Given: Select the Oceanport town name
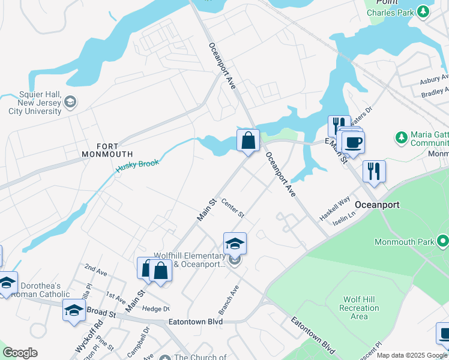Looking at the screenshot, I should click(x=378, y=205).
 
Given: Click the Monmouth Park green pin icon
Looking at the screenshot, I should click(x=444, y=242).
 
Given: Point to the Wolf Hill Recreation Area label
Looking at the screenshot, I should click(x=359, y=308).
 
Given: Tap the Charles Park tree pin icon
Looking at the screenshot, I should click(x=425, y=11).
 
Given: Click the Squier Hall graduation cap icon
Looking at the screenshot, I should click(x=71, y=103).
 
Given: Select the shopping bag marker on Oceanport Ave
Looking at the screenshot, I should click(x=248, y=141).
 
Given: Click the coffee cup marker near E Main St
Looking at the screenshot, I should click(x=353, y=142).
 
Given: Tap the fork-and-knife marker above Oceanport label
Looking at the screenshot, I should click(x=374, y=171).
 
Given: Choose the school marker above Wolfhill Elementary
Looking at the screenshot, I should click(x=235, y=244).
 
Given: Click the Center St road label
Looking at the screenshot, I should click(x=233, y=208).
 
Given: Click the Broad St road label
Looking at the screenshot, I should click(x=101, y=313).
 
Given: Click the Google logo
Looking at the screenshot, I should click(x=20, y=353).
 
